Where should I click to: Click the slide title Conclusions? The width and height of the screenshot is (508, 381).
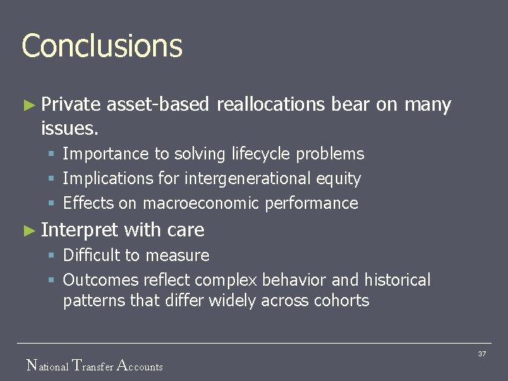pyautogui.click(x=102, y=46)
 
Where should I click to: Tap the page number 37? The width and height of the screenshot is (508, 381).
pyautogui.click(x=482, y=353)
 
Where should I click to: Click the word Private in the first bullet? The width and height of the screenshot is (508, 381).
pyautogui.click(x=71, y=105)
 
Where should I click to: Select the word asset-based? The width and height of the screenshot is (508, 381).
pyautogui.click(x=158, y=105)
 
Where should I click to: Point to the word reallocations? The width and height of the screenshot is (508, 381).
pyautogui.click(x=271, y=105)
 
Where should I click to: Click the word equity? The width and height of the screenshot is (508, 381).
pyautogui.click(x=338, y=179)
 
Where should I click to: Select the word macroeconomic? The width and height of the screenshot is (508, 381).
pyautogui.click(x=201, y=203)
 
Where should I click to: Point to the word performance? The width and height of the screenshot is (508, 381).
pyautogui.click(x=311, y=203)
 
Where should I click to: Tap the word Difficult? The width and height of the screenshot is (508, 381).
pyautogui.click(x=94, y=255)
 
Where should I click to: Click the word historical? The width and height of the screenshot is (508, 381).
pyautogui.click(x=398, y=280)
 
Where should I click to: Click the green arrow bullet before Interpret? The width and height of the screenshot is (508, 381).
pyautogui.click(x=28, y=230)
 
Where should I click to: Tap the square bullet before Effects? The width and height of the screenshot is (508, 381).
pyautogui.click(x=52, y=204)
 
